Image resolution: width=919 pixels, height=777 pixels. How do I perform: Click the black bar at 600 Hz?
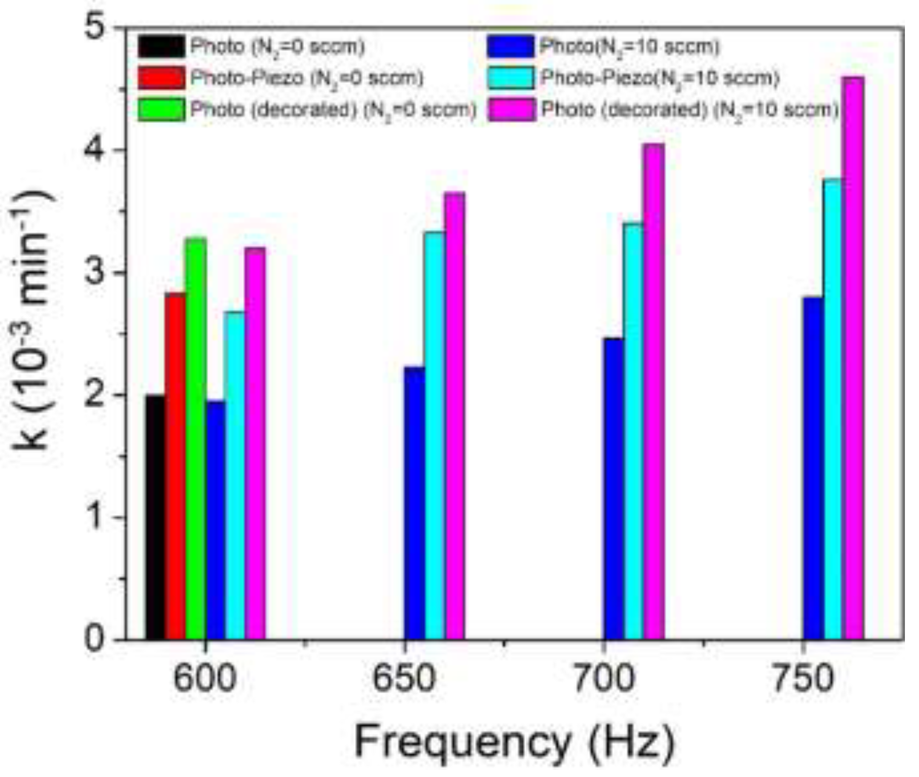(155, 518)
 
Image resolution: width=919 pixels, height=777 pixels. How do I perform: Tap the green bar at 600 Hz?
(196, 438)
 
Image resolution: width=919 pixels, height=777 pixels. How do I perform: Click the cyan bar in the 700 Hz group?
(634, 431)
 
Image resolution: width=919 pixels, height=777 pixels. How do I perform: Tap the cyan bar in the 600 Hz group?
(234, 475)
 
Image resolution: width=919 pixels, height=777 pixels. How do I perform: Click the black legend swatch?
(161, 47)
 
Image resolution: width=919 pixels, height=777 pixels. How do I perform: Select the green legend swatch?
(161, 110)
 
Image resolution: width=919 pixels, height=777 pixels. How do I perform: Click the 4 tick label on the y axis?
(94, 150)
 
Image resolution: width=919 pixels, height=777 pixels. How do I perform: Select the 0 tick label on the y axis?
(94, 639)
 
